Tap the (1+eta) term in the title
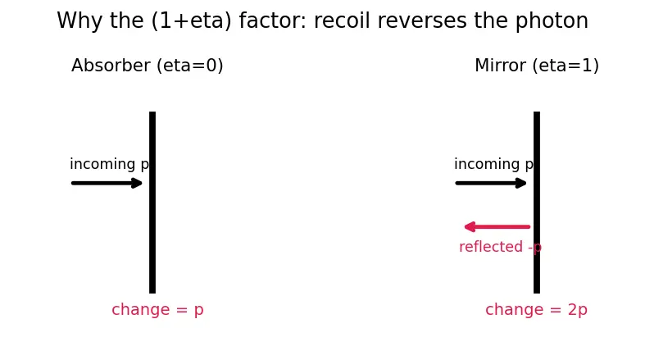coord(192,21)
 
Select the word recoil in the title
coord(342,21)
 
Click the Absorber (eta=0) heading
coord(148,66)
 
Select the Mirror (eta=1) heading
coord(537,66)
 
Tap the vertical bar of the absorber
coord(152,203)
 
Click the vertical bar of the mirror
coord(537,203)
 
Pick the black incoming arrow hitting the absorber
coord(107,183)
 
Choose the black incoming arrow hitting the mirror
coord(491,183)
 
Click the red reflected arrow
coord(497,226)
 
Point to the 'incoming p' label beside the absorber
coord(110,164)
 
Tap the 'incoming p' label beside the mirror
coord(493,164)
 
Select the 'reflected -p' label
coord(500,247)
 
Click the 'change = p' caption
coord(157,310)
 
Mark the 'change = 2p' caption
coord(536,310)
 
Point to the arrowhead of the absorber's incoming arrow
coord(138,183)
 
